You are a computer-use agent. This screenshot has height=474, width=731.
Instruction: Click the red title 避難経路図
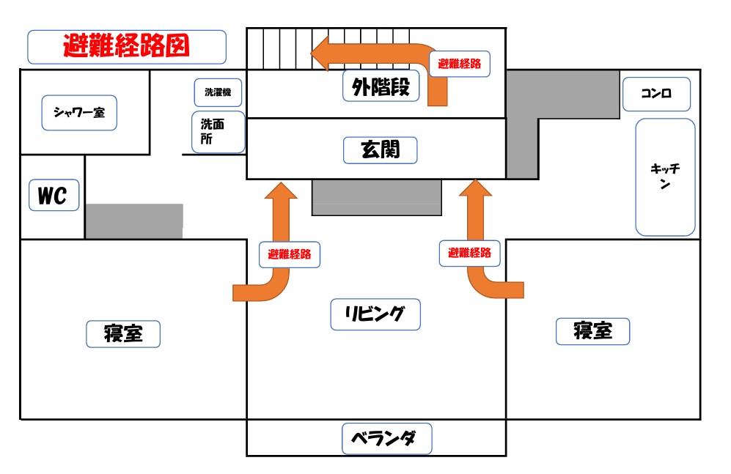[126, 47]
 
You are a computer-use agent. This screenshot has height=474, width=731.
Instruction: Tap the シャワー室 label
[79, 112]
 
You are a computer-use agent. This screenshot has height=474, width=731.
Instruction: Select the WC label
[54, 196]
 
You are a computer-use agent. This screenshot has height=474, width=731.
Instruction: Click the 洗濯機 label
[218, 92]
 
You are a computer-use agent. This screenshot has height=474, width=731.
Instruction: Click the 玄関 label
[380, 150]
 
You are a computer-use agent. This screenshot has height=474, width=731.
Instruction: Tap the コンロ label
[655, 94]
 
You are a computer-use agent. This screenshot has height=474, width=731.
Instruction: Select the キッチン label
[665, 177]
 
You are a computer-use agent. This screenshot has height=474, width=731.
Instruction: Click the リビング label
[375, 314]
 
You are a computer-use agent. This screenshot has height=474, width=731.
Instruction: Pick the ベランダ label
[387, 438]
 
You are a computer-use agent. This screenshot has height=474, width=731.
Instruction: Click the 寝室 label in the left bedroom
[123, 334]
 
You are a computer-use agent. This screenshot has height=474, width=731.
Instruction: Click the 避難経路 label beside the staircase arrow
[460, 64]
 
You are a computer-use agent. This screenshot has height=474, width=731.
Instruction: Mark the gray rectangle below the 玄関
[377, 197]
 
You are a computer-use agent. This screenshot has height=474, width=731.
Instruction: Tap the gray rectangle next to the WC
[134, 221]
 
